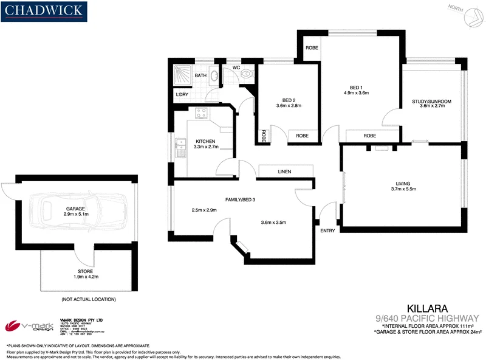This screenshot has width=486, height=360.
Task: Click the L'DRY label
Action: pyautogui.click(x=181, y=95)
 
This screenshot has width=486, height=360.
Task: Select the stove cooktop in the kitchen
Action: pyautogui.click(x=201, y=112)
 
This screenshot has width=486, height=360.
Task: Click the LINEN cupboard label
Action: pyautogui.click(x=284, y=172)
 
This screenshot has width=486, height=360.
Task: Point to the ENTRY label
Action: pyautogui.click(x=327, y=230)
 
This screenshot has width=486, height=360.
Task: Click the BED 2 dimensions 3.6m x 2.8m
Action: pyautogui.click(x=289, y=106)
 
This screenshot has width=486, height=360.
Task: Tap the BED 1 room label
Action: pyautogui.click(x=356, y=87)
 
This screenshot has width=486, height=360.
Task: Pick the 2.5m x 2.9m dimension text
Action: pyautogui.click(x=204, y=210)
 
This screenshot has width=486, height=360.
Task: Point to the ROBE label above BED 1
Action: pyautogui.click(x=312, y=48)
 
